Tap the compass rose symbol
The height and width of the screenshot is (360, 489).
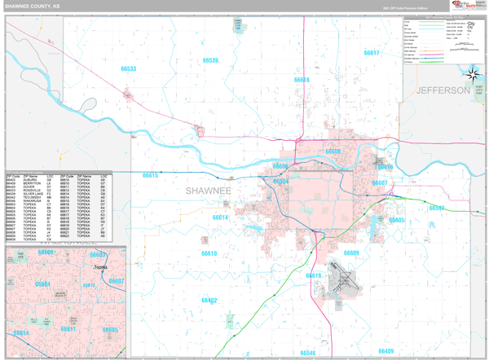[473, 74]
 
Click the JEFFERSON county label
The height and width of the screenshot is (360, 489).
[443, 90]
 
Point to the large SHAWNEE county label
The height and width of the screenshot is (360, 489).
[209, 191]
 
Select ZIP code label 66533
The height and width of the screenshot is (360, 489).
[129, 69]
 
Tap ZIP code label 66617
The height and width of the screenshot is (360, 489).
[371, 53]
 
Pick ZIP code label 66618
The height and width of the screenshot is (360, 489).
[302, 80]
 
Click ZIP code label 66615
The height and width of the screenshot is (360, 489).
[151, 175]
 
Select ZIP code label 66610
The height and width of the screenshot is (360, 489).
[209, 253]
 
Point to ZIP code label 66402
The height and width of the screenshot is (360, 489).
[209, 301]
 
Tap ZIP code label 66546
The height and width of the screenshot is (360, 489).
[307, 353]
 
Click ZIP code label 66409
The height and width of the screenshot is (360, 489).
[385, 351]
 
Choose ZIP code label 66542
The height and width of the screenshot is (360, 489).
[438, 208]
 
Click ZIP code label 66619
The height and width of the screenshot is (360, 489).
[314, 275]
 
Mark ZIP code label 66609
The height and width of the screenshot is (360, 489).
[351, 253]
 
